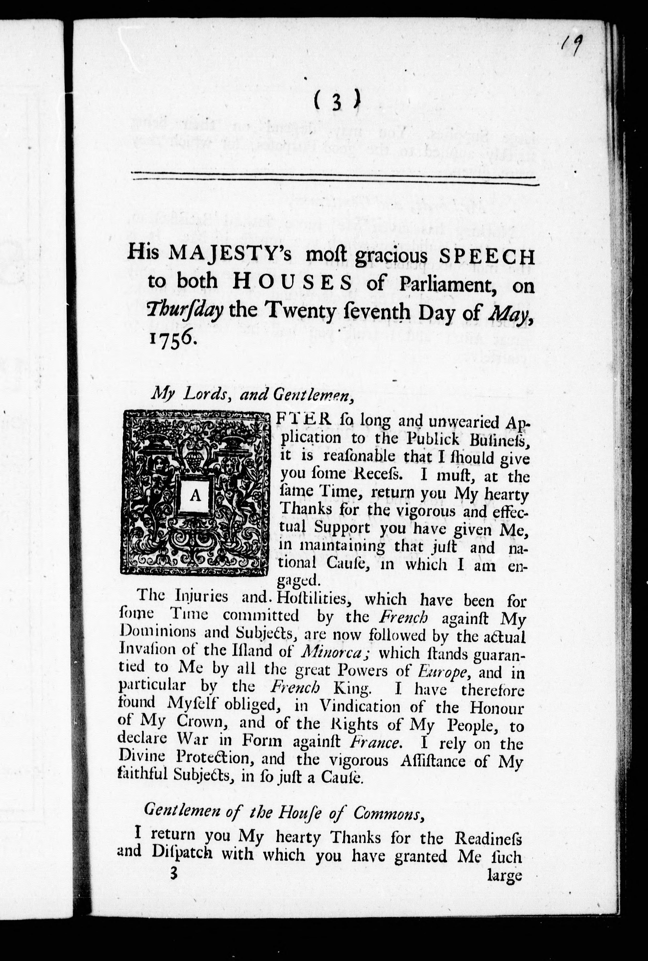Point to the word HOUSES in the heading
292,284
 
